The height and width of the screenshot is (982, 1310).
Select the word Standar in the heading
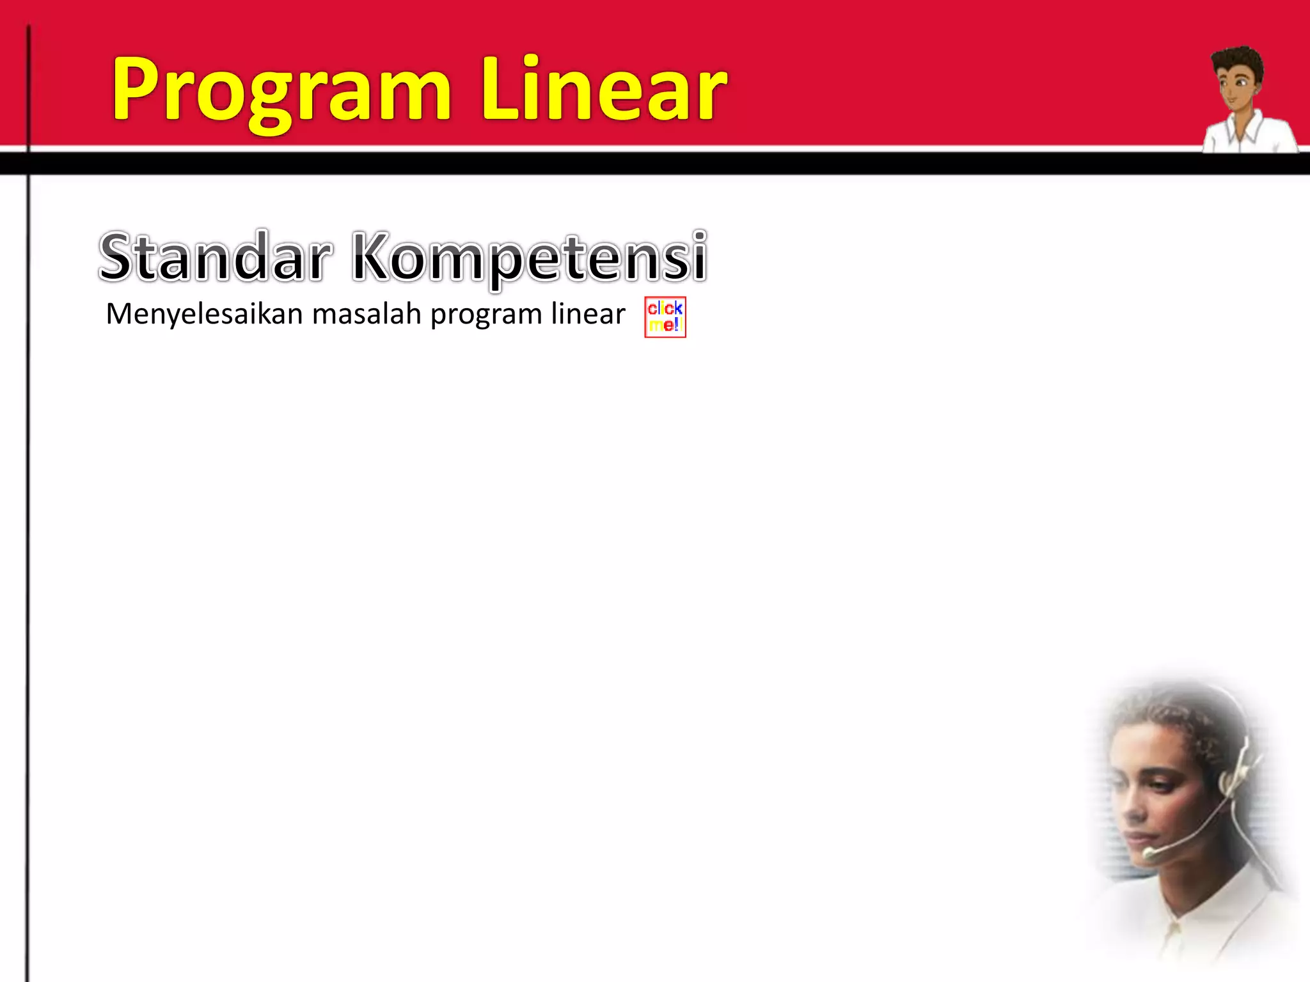(216, 257)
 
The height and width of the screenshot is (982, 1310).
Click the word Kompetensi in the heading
(530, 257)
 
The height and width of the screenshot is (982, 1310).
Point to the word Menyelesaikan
(204, 315)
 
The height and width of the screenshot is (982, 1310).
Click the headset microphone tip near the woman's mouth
(1149, 853)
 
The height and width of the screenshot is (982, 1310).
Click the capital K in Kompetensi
(374, 257)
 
